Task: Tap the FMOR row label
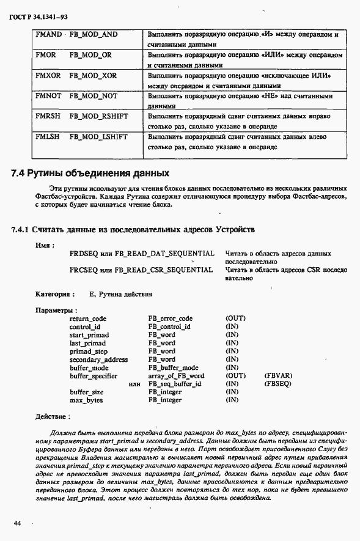pos(46,55)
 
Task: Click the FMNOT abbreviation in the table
pos(49,97)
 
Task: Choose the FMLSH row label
pos(48,137)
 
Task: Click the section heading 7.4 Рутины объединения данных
pos(90,173)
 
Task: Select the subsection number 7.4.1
pos(21,230)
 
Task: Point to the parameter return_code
pos(88,318)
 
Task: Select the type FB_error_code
pos(170,318)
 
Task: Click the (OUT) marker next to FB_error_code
pos(235,318)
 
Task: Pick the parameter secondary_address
pos(98,359)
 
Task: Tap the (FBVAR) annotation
pos(278,376)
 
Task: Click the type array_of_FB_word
pos(175,376)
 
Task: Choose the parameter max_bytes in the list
pos(86,400)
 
